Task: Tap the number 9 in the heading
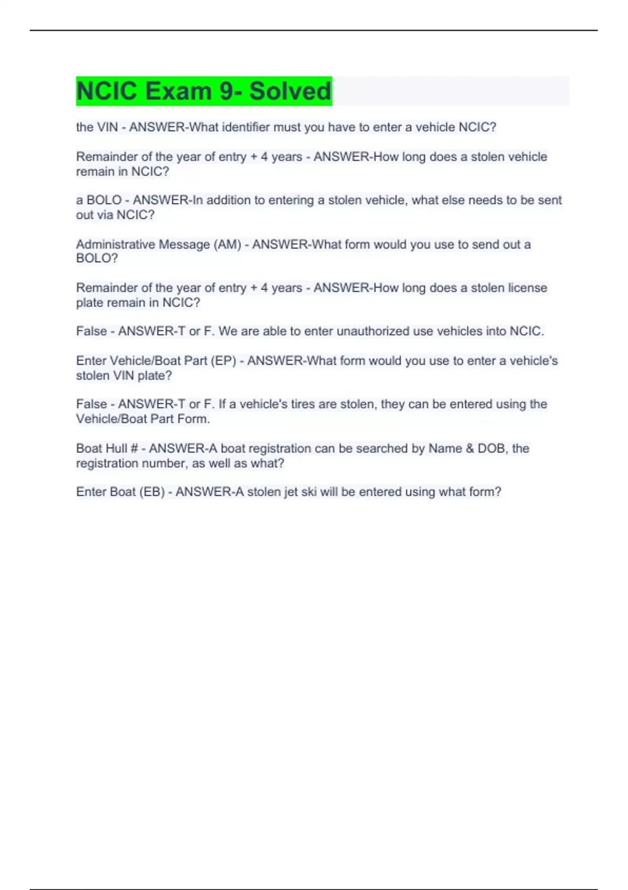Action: (x=227, y=91)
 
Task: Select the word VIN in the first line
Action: (x=107, y=127)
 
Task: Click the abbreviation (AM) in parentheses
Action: (x=228, y=244)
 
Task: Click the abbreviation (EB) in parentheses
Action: (x=152, y=492)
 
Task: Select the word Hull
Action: (x=116, y=449)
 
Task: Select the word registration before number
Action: (x=108, y=463)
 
